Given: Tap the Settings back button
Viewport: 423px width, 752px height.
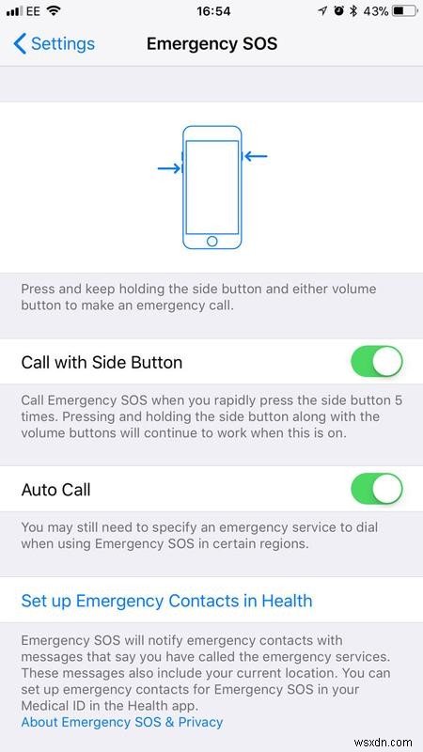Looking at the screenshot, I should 54,44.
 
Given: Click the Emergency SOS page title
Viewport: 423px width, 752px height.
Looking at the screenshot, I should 211,44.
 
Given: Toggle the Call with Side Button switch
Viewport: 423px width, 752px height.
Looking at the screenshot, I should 376,361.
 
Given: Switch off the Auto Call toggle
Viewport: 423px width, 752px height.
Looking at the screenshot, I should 376,489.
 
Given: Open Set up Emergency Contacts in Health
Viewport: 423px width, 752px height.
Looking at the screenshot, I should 166,601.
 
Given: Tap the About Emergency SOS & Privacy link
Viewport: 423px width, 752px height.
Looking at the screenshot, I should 122,722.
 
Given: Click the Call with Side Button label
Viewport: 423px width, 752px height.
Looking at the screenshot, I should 102,362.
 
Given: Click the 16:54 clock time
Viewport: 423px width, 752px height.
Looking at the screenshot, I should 211,11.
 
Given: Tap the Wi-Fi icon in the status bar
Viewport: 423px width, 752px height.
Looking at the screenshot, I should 53,11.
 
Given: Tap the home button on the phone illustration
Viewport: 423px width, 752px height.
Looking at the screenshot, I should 211,241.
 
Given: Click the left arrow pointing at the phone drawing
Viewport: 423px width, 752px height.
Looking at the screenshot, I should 169,168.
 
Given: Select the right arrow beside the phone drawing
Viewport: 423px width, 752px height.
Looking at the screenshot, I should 255,156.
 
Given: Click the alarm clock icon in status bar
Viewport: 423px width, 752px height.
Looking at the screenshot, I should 338,11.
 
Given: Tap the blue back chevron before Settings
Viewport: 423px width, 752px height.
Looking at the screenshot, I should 20,44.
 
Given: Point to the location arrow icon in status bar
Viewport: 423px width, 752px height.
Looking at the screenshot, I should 323,11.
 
